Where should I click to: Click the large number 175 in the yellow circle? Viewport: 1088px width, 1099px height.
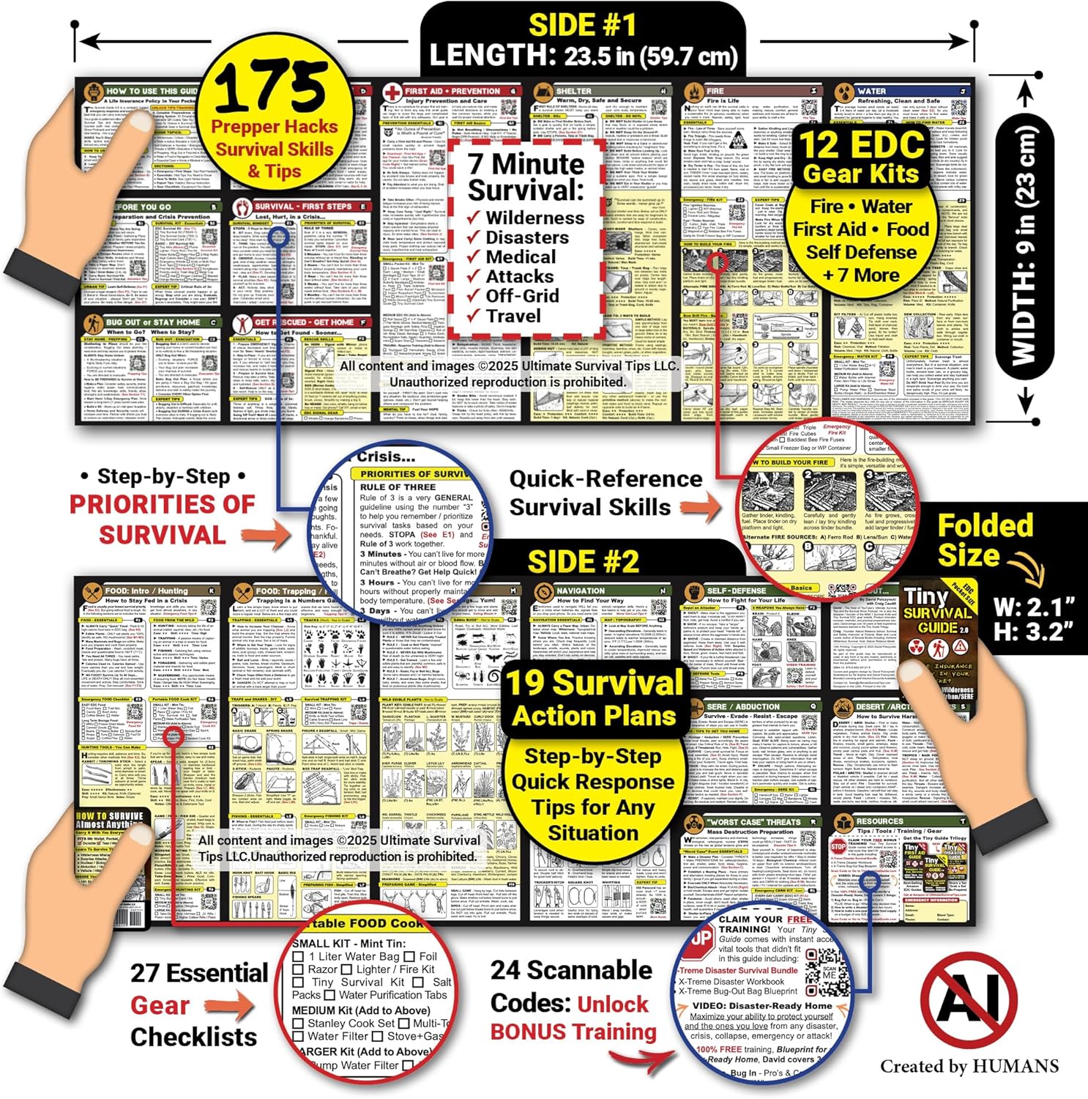point(272,87)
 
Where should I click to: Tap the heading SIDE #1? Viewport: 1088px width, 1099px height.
point(582,26)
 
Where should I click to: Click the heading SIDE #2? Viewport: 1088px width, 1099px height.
point(584,562)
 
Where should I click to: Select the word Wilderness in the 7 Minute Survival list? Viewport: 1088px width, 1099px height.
point(534,218)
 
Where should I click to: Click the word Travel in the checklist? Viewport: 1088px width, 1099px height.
point(513,316)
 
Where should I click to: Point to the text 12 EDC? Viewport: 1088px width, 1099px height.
point(861,144)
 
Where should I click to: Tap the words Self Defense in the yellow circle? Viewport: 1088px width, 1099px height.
point(861,252)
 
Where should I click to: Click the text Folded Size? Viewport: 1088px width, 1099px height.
point(984,541)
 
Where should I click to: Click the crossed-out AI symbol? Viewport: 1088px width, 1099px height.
point(968,1000)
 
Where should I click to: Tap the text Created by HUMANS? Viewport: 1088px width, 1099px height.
point(969,1066)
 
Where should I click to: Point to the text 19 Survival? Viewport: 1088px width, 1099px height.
point(594,683)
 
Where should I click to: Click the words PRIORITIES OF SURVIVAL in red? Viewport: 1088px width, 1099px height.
point(163,519)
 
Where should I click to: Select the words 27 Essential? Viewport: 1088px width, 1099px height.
point(199,973)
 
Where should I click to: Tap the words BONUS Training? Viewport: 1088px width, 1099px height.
point(573,1032)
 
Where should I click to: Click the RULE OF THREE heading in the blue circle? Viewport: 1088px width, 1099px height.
point(398,486)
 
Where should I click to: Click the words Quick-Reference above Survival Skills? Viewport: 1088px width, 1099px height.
point(606,479)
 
